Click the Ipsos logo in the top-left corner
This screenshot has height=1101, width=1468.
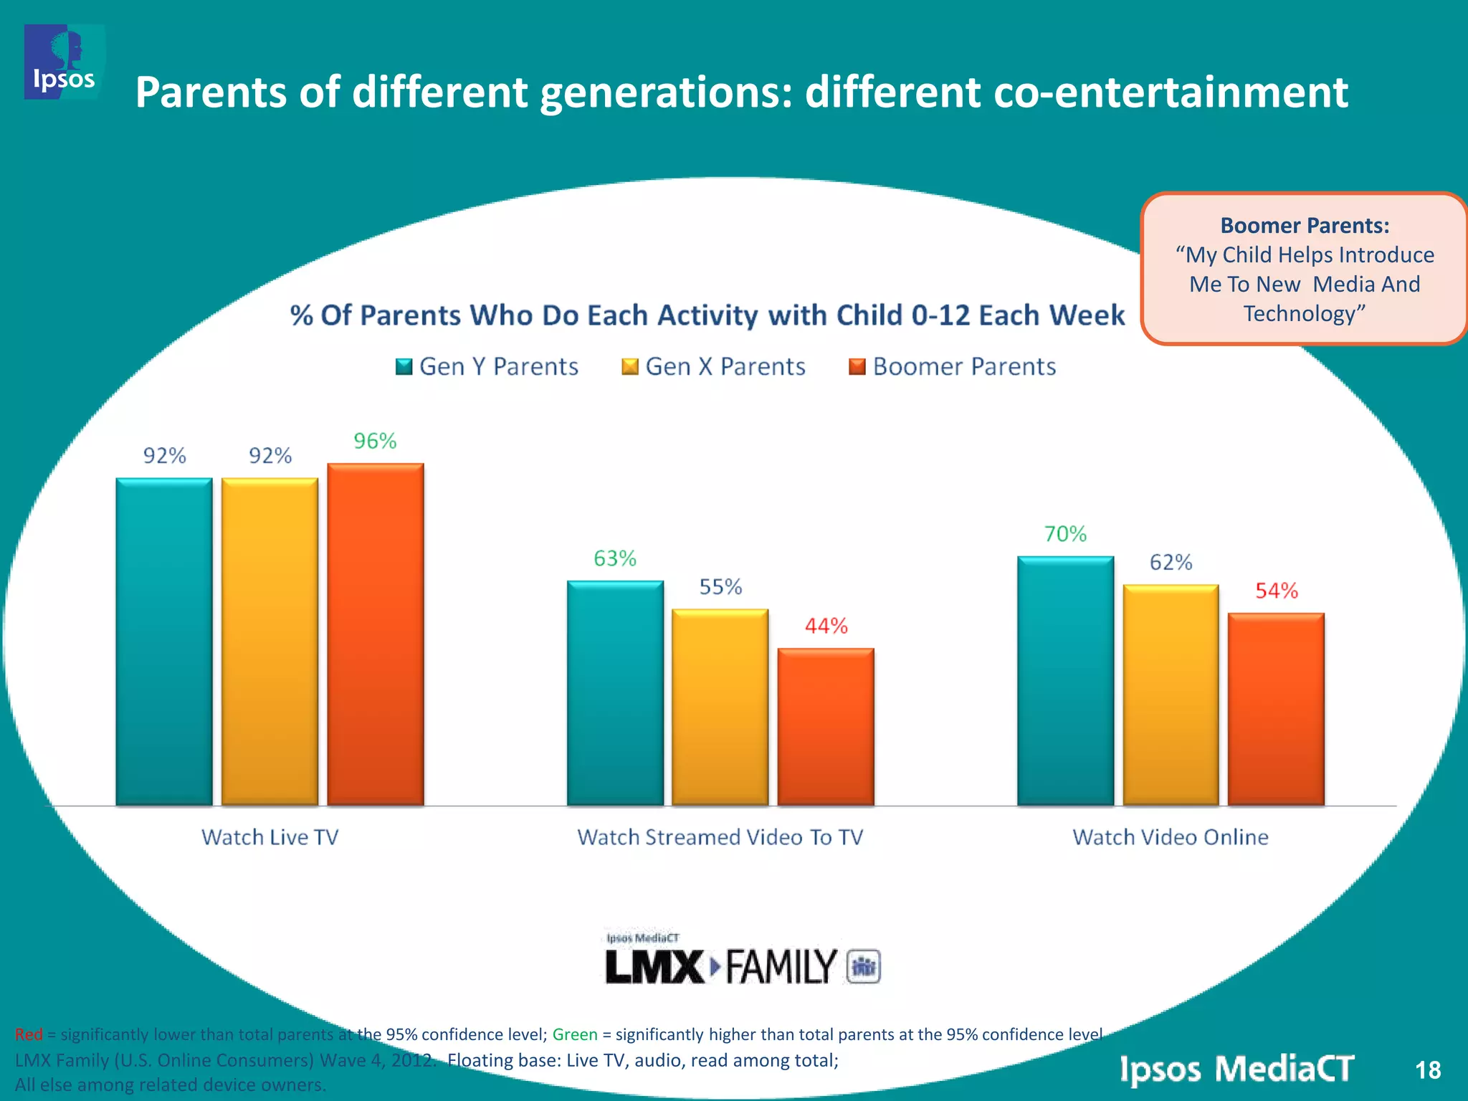tap(64, 62)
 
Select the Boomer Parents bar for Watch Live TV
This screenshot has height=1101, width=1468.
tap(376, 634)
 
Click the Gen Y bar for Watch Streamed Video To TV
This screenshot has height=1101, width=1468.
tap(615, 692)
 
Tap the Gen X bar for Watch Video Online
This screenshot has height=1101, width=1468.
tap(1171, 695)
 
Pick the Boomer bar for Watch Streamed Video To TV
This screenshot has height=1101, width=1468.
tap(826, 726)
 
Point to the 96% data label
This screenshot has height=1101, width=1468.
tap(375, 441)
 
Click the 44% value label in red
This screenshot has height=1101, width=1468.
tap(826, 626)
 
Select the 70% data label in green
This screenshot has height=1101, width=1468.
tap(1065, 534)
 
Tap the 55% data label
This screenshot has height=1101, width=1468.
tap(720, 587)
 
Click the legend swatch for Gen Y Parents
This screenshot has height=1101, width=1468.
tap(404, 367)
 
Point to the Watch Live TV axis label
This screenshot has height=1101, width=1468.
tap(270, 837)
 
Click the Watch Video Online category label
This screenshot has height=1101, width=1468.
tap(1170, 837)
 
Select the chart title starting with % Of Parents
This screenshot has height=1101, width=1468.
tap(707, 315)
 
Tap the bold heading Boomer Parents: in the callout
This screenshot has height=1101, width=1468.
tap(1305, 226)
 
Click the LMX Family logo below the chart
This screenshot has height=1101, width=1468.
tap(742, 961)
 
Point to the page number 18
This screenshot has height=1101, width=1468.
tap(1427, 1070)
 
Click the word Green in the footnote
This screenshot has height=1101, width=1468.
tap(575, 1034)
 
